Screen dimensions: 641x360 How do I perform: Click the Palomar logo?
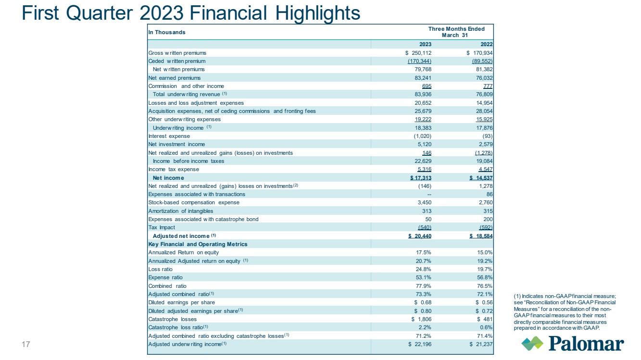(x=572, y=343)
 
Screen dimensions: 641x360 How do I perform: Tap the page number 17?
(x=26, y=344)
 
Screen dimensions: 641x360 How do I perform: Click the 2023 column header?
(x=425, y=44)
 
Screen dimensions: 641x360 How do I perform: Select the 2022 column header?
(x=487, y=44)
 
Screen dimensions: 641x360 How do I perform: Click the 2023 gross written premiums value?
(x=418, y=53)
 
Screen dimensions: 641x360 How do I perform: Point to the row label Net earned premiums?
(x=174, y=78)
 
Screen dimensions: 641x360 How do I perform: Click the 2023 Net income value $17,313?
(x=421, y=178)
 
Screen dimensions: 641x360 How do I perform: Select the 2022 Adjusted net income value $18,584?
(x=481, y=236)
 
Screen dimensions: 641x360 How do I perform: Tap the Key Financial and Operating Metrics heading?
(x=198, y=244)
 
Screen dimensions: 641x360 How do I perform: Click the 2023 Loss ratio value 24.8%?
(x=424, y=269)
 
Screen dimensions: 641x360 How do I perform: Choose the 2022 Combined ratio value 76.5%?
(x=485, y=286)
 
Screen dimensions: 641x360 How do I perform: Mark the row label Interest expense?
(x=169, y=136)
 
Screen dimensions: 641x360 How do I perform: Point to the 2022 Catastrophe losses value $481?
(x=485, y=319)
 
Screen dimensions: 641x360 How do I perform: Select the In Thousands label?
(x=167, y=32)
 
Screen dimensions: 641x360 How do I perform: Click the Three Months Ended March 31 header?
(x=456, y=32)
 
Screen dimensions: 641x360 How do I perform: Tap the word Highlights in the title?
(x=318, y=13)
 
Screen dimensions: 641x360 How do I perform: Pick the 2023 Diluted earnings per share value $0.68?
(x=423, y=302)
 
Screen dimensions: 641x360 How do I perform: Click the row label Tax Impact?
(x=162, y=228)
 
